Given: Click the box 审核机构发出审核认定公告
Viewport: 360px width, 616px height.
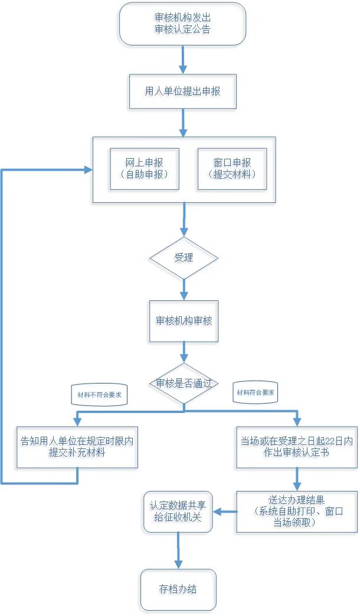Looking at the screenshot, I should click(182, 24).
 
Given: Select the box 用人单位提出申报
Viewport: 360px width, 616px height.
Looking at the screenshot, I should click(182, 91).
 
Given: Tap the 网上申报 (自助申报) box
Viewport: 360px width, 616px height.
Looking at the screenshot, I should click(145, 169).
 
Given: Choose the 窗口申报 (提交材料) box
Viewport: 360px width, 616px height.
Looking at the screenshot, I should click(232, 169).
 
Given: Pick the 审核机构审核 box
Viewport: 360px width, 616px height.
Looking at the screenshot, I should click(184, 321).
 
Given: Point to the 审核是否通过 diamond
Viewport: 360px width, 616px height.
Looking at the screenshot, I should click(184, 384).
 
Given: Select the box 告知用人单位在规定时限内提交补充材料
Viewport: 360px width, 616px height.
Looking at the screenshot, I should click(78, 447).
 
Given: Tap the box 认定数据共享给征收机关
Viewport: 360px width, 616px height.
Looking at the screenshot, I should click(178, 511).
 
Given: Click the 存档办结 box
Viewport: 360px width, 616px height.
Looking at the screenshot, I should click(178, 589).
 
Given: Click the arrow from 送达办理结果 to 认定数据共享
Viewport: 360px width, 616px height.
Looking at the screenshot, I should click(225, 512).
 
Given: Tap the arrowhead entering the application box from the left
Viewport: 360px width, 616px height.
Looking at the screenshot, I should click(87, 170).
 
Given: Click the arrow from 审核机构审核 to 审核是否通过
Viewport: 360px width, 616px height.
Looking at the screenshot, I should click(184, 352).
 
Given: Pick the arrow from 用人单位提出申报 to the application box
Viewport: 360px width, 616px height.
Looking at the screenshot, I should click(182, 123).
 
